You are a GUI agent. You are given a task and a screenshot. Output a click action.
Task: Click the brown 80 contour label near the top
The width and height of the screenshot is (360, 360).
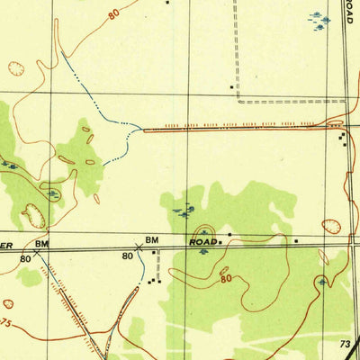point(113,14)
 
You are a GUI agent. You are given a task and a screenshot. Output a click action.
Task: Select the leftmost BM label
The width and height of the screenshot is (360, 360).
point(40,244)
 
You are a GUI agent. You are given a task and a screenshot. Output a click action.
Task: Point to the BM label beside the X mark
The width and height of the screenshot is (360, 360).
point(151,239)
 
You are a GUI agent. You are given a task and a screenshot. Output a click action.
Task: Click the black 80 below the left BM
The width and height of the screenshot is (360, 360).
point(25,257)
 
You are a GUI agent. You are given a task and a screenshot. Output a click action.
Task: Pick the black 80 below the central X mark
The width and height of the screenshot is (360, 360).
point(127,256)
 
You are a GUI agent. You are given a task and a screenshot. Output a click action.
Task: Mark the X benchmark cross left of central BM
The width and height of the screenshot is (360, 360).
point(138,246)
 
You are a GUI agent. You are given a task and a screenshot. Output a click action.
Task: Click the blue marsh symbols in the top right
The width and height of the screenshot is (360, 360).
point(319,20)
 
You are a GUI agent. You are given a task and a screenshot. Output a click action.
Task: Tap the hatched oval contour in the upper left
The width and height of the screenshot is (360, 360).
point(16,67)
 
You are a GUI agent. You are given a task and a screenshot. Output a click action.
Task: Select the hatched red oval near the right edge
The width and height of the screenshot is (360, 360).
point(331,227)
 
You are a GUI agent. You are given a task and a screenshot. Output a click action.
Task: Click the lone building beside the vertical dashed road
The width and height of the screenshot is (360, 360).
point(167,2)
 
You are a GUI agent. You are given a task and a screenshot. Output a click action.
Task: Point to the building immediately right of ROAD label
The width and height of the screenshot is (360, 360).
point(220,242)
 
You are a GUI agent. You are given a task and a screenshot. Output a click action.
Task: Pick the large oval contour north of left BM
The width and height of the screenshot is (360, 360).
point(34,215)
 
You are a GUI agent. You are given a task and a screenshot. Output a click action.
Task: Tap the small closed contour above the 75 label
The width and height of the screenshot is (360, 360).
point(8,304)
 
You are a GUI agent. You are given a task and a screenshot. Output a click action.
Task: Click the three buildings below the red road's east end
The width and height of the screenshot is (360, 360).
point(342,139)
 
